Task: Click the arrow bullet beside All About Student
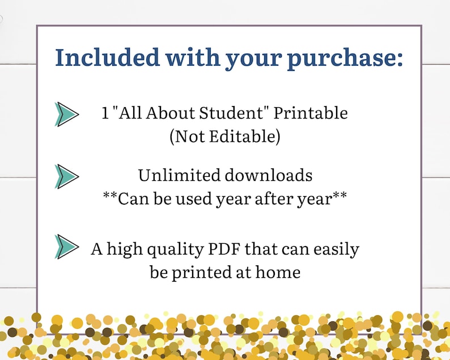pos(66,114)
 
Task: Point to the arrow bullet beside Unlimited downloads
pos(66,176)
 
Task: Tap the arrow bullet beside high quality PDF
pos(66,246)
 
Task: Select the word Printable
pos(311,113)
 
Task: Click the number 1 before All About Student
pos(105,113)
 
